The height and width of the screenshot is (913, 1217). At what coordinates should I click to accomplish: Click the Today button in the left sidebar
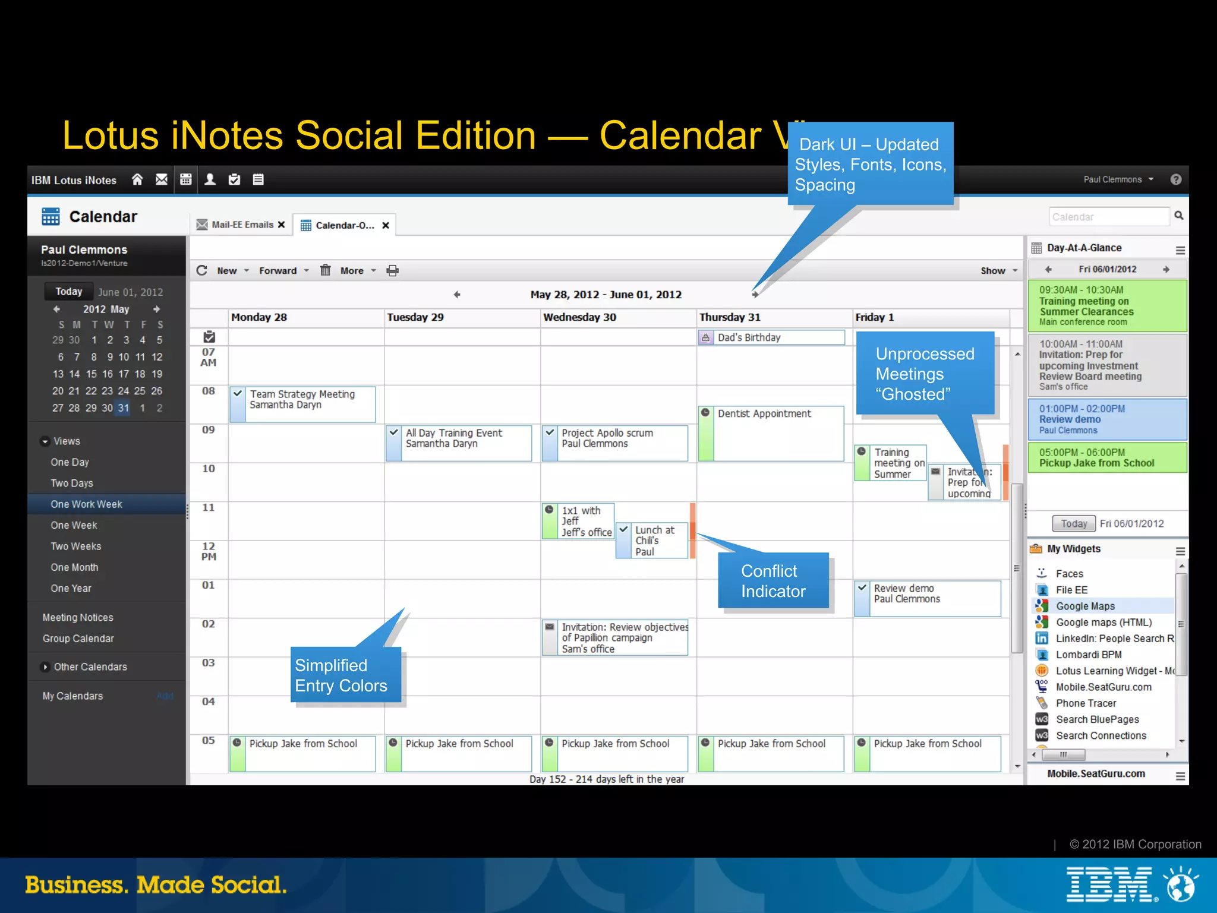(x=69, y=292)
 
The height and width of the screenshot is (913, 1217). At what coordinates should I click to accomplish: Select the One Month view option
(x=74, y=567)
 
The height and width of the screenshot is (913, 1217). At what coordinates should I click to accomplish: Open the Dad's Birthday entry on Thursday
(x=771, y=337)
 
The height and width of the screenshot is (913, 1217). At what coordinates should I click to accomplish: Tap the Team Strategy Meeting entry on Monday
(x=302, y=403)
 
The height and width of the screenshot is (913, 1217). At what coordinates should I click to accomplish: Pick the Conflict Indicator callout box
(x=773, y=581)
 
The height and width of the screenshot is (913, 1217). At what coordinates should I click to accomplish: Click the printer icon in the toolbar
(x=393, y=271)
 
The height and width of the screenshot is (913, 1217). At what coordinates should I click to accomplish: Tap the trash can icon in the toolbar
(x=325, y=270)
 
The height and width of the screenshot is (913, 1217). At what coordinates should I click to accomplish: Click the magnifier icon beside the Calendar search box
(x=1179, y=216)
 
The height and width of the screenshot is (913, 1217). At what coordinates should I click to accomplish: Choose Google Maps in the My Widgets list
(x=1085, y=606)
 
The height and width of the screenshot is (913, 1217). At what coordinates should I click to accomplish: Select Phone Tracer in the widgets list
(x=1086, y=703)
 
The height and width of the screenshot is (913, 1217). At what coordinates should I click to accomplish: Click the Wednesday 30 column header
(x=579, y=317)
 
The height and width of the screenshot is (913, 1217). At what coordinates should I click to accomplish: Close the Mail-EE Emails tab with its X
(x=281, y=225)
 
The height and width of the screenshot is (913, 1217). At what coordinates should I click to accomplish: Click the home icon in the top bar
(x=137, y=179)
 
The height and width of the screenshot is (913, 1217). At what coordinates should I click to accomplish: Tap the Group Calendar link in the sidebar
(x=78, y=639)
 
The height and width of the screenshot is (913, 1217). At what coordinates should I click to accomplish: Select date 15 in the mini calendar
(x=91, y=374)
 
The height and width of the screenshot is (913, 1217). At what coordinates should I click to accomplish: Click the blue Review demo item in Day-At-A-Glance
(x=1106, y=419)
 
